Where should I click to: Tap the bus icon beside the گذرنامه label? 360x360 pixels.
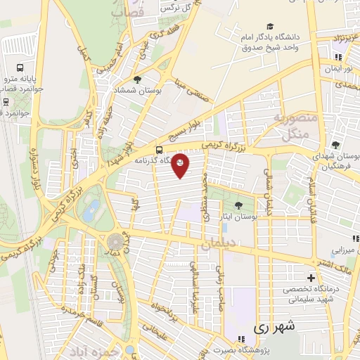pyautogui.click(x=159, y=149)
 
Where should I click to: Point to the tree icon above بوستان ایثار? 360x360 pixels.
pyautogui.click(x=238, y=205)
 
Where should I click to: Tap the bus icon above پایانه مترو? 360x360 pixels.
pyautogui.click(x=20, y=68)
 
